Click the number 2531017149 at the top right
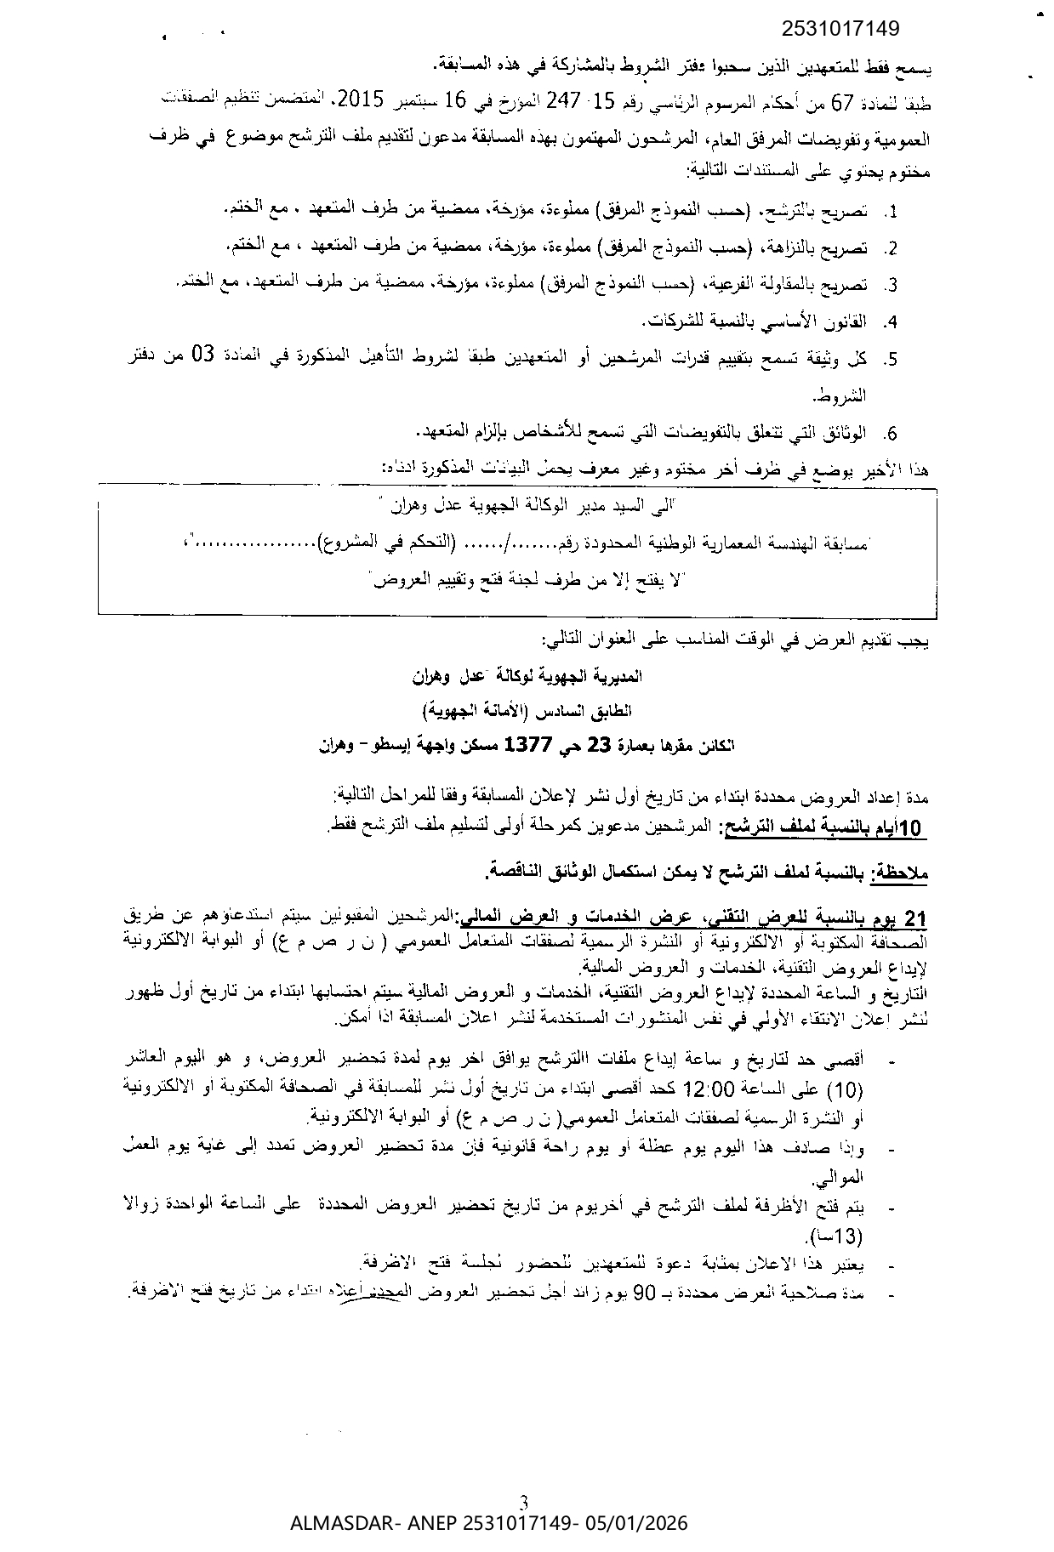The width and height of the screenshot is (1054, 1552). pos(839,30)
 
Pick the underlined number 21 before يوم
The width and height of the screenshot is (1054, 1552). pos(914,918)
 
